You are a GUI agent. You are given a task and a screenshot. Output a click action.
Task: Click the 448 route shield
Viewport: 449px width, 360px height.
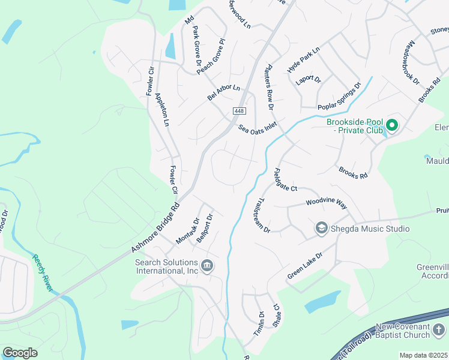(239, 112)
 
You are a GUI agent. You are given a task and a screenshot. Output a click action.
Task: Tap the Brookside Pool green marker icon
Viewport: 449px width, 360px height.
(392, 125)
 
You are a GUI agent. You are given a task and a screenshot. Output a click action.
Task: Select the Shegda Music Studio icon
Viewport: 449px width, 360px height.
(321, 229)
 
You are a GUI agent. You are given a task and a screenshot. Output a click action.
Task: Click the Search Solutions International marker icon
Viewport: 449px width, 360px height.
(207, 266)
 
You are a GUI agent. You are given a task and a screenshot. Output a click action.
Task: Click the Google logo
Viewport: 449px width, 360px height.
(20, 352)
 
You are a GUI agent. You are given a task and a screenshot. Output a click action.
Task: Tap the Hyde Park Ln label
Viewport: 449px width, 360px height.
(304, 59)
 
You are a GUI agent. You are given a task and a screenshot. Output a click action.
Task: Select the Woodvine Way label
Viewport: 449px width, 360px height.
(327, 204)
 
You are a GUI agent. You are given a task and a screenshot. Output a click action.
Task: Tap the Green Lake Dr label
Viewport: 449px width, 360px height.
(305, 265)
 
